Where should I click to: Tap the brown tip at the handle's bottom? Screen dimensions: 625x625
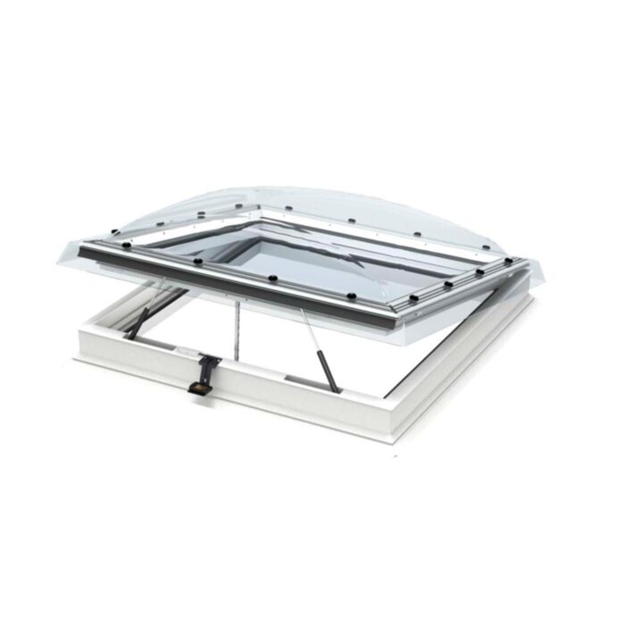click(x=197, y=389)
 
